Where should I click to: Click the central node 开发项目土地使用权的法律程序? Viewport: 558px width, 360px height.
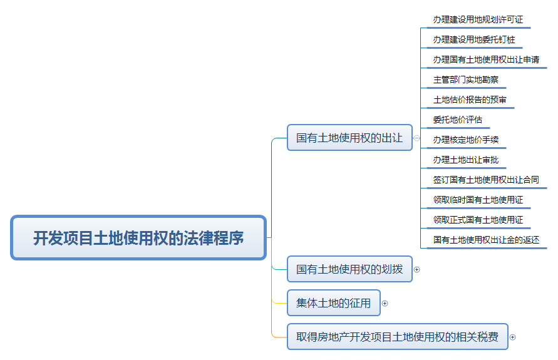[138, 238]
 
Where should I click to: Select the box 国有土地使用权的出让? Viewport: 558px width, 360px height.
[349, 138]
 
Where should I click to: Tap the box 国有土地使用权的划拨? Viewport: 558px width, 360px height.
[349, 270]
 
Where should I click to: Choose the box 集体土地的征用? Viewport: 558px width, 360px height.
[333, 303]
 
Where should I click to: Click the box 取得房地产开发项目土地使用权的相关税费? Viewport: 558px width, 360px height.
[397, 337]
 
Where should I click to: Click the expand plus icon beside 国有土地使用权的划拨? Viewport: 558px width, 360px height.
[417, 270]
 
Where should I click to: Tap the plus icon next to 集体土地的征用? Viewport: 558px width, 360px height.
[385, 303]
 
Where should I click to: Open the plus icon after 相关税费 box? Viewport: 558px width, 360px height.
[512, 337]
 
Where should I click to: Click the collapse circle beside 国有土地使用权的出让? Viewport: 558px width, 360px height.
[417, 138]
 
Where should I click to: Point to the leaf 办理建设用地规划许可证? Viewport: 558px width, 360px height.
[478, 19]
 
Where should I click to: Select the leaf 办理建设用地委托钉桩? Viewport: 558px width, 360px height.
[474, 39]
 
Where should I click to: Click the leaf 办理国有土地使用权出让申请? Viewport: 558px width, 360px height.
[486, 59]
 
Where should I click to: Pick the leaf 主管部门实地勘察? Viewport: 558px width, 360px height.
[466, 80]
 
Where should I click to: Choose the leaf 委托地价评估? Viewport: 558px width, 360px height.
[458, 120]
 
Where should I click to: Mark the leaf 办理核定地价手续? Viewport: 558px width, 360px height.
[466, 140]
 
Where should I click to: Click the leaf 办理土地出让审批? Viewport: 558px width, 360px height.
[466, 160]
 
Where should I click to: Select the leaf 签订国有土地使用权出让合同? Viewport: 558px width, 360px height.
[486, 180]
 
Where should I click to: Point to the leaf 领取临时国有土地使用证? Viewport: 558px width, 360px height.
[478, 200]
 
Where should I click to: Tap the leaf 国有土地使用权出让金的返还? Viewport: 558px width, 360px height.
[486, 240]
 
